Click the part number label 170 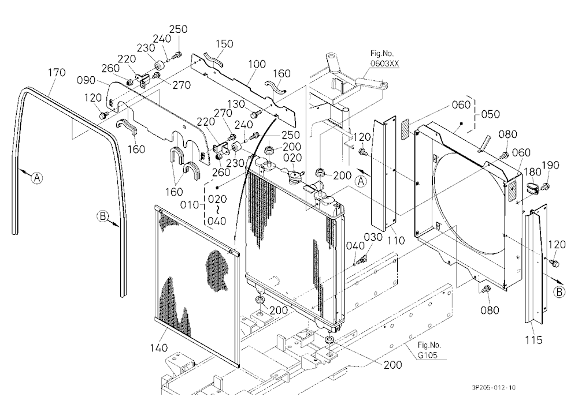tap(57, 73)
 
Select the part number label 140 tap(158, 347)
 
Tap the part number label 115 tap(533, 340)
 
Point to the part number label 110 tap(396, 241)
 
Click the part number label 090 tap(86, 80)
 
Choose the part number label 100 tap(257, 64)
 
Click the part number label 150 tap(224, 44)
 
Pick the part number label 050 tap(490, 114)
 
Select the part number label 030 tap(373, 237)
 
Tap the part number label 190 tap(550, 165)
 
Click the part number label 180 tap(532, 171)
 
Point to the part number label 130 tap(236, 104)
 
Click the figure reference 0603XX tap(384, 63)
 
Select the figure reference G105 tap(428, 356)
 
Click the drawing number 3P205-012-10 tap(494, 387)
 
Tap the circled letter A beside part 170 tap(36, 178)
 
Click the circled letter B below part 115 tap(559, 292)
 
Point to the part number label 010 tap(190, 205)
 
